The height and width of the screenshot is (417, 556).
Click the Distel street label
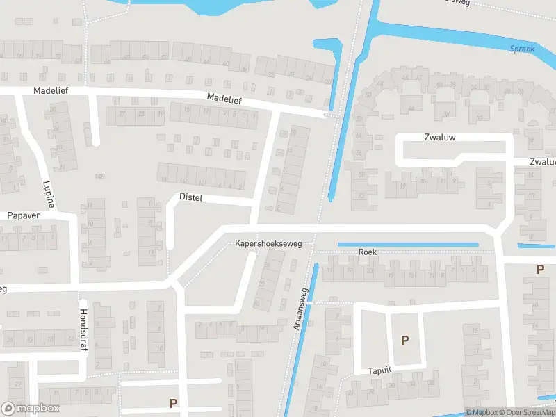(x=190, y=198)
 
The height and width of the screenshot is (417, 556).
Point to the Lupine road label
(x=49, y=194)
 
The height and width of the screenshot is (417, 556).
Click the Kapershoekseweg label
(x=268, y=245)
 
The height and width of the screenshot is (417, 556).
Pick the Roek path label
(x=367, y=252)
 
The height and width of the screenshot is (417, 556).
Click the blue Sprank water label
(x=521, y=49)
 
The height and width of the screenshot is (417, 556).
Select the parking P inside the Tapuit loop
(x=404, y=340)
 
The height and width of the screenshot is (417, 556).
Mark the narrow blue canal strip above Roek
(x=408, y=245)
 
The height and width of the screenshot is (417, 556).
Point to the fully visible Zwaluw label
(x=440, y=138)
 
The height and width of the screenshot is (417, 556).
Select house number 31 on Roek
(x=331, y=270)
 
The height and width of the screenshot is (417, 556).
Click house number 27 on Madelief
(x=122, y=113)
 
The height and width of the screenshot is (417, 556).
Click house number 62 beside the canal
(x=361, y=196)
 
